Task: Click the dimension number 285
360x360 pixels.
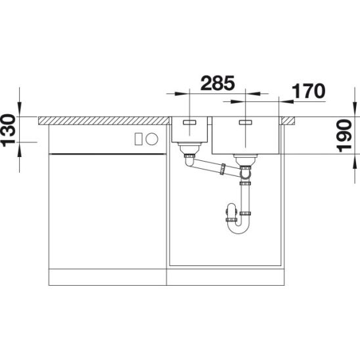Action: point(217,83)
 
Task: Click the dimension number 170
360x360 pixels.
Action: point(308,91)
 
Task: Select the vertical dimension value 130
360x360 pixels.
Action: point(9,130)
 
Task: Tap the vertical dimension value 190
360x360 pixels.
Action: point(344,135)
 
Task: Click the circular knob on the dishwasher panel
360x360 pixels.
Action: point(152,139)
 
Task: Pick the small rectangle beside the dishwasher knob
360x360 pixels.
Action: point(139,139)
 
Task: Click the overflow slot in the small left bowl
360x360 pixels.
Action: point(189,122)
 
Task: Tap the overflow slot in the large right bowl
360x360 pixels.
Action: point(246,122)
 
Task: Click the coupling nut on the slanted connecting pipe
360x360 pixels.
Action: point(222,169)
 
